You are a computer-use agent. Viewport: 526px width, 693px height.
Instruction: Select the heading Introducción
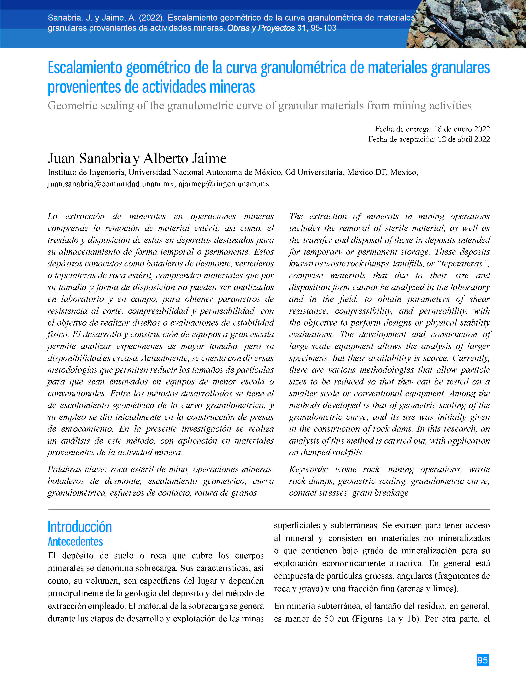click(80, 527)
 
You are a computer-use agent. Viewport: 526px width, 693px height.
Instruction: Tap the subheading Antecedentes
click(75, 541)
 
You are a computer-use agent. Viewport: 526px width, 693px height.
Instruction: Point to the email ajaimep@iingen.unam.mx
click(224, 184)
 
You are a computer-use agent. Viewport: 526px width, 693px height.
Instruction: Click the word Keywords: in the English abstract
click(308, 469)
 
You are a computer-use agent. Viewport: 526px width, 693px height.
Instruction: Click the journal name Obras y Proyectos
click(261, 28)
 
